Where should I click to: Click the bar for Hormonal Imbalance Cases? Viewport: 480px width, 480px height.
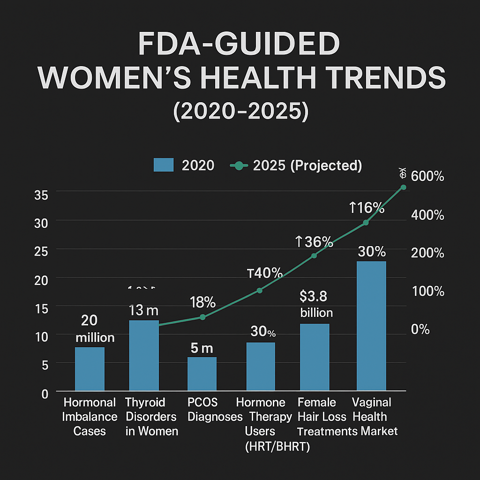[x=90, y=369]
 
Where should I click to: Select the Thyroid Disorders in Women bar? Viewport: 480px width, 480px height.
[x=144, y=355]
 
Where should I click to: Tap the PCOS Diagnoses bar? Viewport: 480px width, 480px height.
[x=202, y=374]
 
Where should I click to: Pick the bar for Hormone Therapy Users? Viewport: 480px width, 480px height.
[x=260, y=367]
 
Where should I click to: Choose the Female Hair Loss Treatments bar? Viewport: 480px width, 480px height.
[x=315, y=357]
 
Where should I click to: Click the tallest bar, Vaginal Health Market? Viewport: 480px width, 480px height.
[x=371, y=326]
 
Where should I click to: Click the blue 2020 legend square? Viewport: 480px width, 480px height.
[x=164, y=165]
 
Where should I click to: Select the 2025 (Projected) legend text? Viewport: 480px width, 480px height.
[x=307, y=165]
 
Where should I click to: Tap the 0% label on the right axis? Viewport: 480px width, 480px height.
[x=420, y=330]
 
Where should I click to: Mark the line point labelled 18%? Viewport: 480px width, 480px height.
[x=202, y=317]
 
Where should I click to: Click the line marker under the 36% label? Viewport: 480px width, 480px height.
[x=314, y=255]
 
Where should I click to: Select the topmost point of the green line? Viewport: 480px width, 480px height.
[x=403, y=187]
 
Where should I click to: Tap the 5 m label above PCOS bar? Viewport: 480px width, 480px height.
[x=202, y=348]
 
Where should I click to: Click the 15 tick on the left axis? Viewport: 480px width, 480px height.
[x=42, y=308]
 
